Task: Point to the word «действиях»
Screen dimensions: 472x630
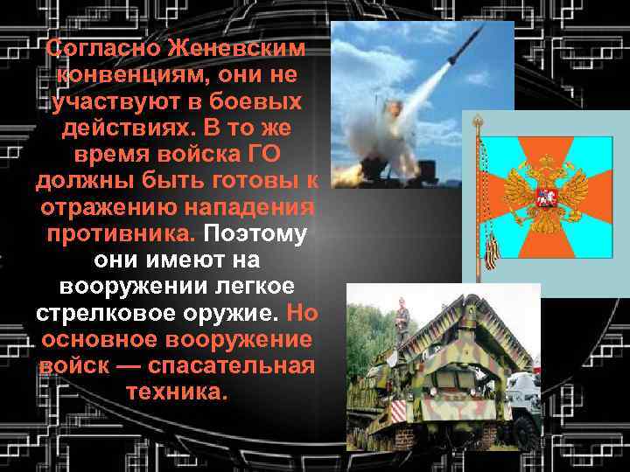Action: pyautogui.click(x=129, y=128)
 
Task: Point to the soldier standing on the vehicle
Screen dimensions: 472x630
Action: pyautogui.click(x=402, y=318)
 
